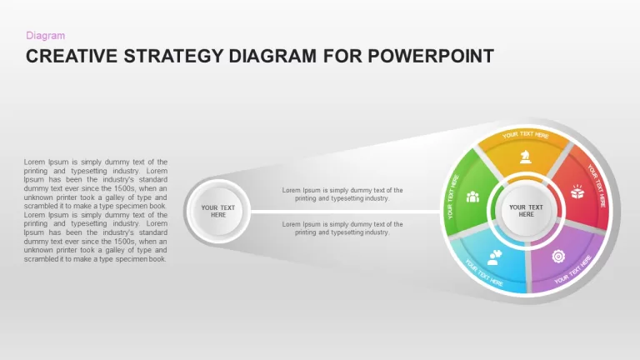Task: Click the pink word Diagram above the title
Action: point(45,36)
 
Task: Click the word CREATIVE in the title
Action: point(72,57)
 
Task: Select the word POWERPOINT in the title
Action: point(431,57)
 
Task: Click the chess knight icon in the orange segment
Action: point(525,157)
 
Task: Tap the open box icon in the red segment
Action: point(577,192)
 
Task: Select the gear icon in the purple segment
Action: point(558,257)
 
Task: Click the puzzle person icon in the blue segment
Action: point(494,257)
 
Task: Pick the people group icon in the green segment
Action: point(472,197)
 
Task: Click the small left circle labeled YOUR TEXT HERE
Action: point(218,212)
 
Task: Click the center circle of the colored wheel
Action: point(526,211)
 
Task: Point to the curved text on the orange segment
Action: point(525,135)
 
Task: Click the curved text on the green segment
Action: point(452,197)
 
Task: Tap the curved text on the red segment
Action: point(597,185)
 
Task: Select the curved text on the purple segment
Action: point(572,270)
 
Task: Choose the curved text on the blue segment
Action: point(484,272)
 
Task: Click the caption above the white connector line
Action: point(342,194)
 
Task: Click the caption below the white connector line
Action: point(342,228)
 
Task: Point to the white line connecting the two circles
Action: point(345,212)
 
